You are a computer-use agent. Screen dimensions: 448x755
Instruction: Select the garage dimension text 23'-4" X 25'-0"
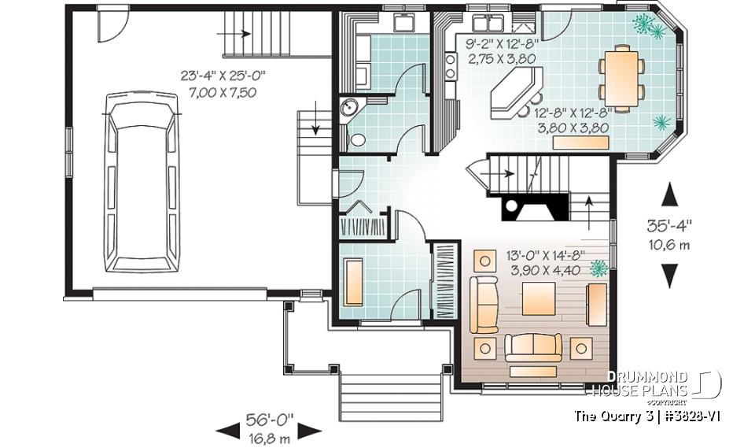pyautogui.click(x=223, y=76)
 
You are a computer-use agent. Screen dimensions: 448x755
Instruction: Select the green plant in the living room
pyautogui.click(x=600, y=269)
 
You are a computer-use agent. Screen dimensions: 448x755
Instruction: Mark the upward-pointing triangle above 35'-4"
pyautogui.click(x=669, y=194)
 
